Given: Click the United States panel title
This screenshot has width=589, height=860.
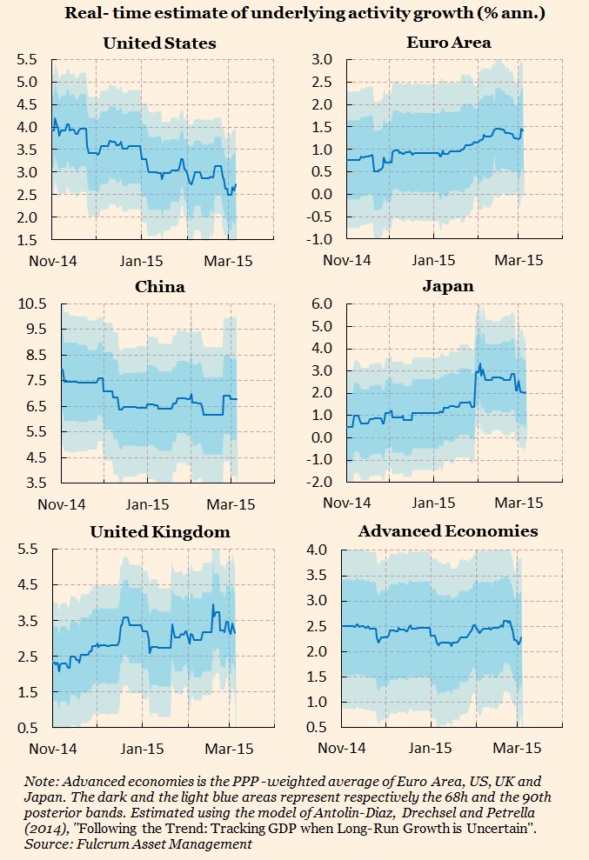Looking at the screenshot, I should pyautogui.click(x=159, y=43).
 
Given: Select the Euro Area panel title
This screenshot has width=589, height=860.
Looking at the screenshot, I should pyautogui.click(x=448, y=42).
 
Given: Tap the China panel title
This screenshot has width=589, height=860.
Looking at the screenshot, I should pyautogui.click(x=159, y=287).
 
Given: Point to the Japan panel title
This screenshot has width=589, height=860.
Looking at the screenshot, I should pyautogui.click(x=449, y=286).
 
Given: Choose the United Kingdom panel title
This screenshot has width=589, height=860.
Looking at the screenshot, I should pyautogui.click(x=160, y=531).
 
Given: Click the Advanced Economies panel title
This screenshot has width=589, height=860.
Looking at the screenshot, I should pyautogui.click(x=448, y=530).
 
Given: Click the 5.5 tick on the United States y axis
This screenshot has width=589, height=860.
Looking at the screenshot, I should pyautogui.click(x=26, y=59).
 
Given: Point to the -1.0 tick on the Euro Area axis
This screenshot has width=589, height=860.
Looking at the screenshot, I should pyautogui.click(x=321, y=240).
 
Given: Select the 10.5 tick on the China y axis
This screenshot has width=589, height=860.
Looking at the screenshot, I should pyautogui.click(x=30, y=303).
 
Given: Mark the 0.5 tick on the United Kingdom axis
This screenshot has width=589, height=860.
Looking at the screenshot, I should pyautogui.click(x=29, y=728).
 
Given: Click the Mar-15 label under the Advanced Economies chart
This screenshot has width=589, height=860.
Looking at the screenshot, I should pyautogui.click(x=518, y=748).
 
